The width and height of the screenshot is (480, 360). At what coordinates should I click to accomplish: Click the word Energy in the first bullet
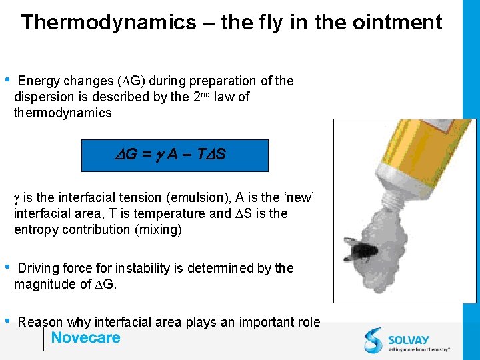(x=39, y=81)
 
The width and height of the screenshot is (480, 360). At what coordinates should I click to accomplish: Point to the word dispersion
(x=43, y=97)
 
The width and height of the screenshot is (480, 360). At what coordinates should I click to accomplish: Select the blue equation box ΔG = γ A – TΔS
(x=174, y=155)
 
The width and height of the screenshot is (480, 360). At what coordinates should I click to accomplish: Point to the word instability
(x=142, y=269)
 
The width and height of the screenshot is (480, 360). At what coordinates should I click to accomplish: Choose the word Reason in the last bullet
(x=39, y=323)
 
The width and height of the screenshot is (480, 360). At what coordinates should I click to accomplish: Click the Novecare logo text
(x=85, y=338)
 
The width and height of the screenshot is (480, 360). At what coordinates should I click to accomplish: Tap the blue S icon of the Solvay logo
(x=373, y=340)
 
